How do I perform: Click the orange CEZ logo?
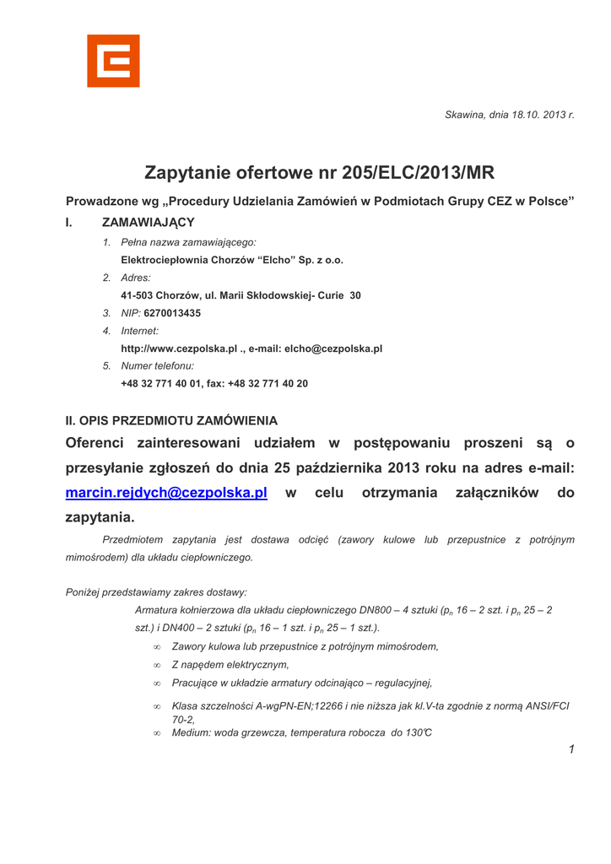point(113,61)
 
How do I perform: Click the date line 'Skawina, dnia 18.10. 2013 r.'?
point(509,114)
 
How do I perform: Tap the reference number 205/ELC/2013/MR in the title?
point(418,173)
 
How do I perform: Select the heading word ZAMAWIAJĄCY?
point(149,223)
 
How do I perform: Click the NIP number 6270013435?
point(172,313)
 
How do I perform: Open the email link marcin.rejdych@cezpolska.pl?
point(166,493)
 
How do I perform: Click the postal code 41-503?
point(138,295)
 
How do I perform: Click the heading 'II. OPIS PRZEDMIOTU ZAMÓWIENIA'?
point(171,420)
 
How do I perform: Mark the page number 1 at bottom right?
point(571,749)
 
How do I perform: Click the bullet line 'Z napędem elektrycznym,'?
point(230,665)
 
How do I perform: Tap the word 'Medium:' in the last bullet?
point(190,732)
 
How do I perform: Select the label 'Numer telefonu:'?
point(158,366)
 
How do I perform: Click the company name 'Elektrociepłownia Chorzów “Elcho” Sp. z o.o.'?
point(232,260)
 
